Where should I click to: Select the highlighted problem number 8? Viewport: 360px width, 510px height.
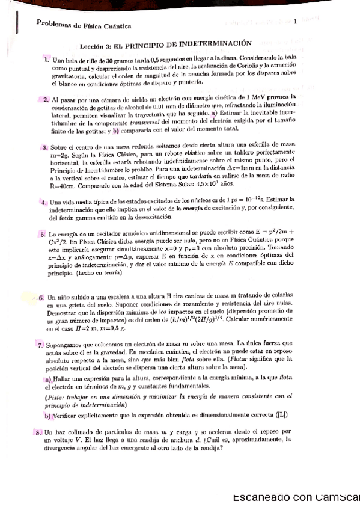point(38,432)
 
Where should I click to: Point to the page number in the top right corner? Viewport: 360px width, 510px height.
point(296,22)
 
